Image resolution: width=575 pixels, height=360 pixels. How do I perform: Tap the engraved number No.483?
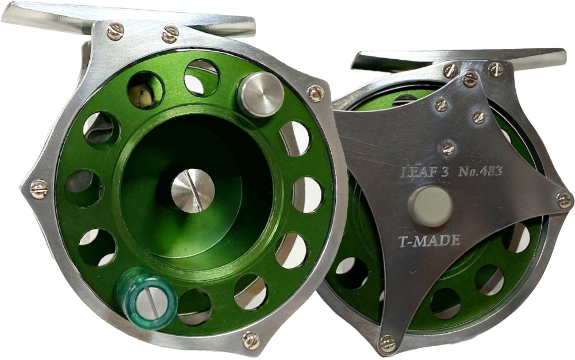480,171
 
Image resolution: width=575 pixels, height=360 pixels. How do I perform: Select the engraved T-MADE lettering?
429,240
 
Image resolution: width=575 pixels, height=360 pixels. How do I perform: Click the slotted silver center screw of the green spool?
193,192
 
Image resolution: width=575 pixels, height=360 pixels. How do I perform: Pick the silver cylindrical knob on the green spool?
260,94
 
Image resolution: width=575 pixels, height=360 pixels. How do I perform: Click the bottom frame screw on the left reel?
251,340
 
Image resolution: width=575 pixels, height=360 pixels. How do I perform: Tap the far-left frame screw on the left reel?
39,189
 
